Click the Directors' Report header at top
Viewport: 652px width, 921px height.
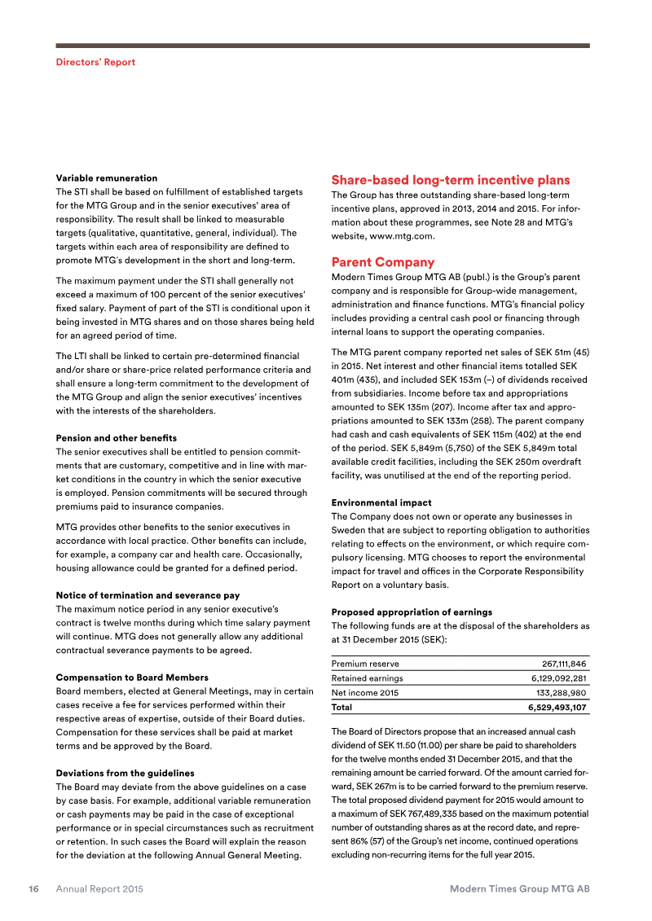point(95,62)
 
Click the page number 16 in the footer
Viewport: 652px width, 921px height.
point(33,889)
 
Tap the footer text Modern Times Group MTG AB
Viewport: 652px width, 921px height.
point(519,889)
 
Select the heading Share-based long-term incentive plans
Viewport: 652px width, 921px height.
point(450,180)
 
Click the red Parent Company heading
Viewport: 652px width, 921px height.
point(382,262)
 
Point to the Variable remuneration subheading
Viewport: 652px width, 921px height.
point(106,178)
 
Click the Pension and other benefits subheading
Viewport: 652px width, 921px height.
point(116,438)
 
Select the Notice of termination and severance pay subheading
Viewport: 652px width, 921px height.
point(148,595)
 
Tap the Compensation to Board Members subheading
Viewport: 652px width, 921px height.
point(131,678)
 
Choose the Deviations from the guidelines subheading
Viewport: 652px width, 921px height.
point(125,772)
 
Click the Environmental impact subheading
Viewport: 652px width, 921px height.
point(381,502)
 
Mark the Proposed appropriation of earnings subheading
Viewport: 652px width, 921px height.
point(412,612)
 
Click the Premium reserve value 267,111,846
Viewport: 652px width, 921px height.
point(564,664)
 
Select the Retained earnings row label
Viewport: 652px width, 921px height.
point(367,678)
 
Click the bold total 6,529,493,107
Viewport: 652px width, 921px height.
point(557,708)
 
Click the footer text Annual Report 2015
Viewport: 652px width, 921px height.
point(99,889)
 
